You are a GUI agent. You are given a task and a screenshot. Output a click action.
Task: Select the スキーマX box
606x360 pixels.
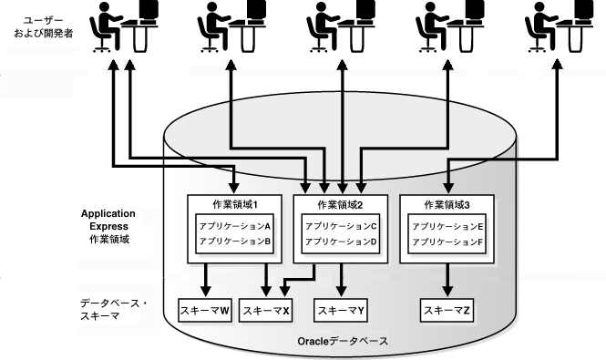point(265,311)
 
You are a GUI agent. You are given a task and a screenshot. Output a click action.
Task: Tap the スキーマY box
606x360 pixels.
point(341,311)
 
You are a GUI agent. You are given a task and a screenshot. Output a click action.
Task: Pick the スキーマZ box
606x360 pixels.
point(447,311)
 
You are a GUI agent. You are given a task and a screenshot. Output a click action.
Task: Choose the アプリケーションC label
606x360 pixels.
point(341,225)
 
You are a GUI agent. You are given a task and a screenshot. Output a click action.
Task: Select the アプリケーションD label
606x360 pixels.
point(341,242)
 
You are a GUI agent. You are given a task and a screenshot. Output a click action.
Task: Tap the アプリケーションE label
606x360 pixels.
point(447,225)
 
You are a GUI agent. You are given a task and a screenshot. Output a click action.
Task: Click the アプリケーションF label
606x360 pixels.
point(447,242)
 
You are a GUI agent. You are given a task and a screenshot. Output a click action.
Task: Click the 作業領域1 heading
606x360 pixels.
point(234,204)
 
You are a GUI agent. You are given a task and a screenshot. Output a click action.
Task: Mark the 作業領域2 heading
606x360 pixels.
point(341,204)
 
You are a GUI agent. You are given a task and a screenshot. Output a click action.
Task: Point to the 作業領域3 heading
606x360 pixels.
point(447,204)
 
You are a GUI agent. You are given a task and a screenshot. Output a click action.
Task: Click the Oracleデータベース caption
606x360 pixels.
point(343,341)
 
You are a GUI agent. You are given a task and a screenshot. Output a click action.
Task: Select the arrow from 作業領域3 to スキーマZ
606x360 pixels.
point(447,282)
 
